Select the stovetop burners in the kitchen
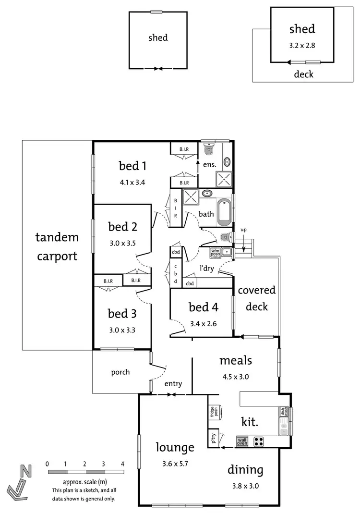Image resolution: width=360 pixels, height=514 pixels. tap(259, 441)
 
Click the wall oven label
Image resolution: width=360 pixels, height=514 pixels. tap(242, 441)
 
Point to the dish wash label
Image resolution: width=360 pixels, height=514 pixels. tap(284, 412)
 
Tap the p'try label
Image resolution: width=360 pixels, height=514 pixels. tap(212, 438)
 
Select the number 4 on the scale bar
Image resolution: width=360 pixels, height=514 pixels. tap(123, 464)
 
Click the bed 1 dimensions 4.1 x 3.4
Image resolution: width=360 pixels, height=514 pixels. tap(132, 182)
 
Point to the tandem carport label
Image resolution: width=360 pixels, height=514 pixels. tap(56, 246)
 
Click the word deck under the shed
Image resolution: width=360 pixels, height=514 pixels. tap(303, 74)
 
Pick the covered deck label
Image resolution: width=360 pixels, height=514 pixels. tap(257, 298)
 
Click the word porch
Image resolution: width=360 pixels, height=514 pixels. tap(120, 372)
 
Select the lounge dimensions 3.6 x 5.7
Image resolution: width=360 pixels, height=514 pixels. tap(175, 465)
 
